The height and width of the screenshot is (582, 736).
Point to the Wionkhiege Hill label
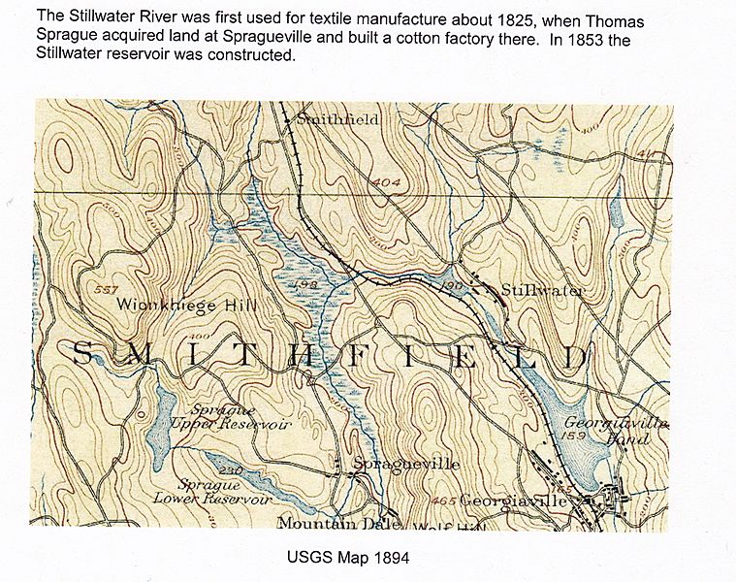186,304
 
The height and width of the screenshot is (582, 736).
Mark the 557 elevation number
109,288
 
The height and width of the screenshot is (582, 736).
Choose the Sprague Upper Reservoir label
230,418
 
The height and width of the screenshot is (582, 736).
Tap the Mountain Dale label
325,524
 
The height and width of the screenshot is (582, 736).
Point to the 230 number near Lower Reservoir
229,470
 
